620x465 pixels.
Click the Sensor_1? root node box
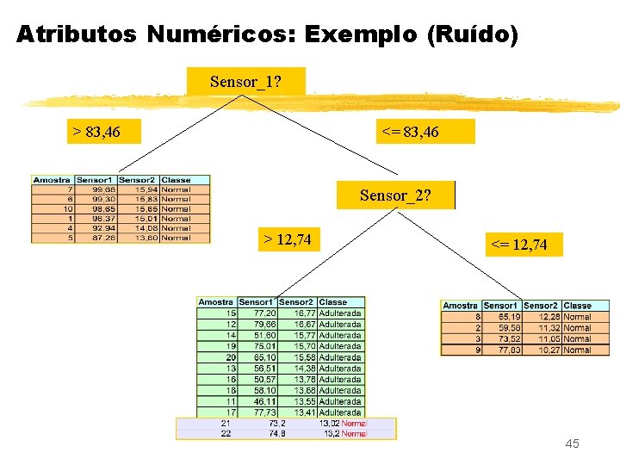(x=245, y=83)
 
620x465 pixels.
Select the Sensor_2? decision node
(x=395, y=195)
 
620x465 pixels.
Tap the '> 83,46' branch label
(x=96, y=132)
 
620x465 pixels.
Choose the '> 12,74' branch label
(x=288, y=239)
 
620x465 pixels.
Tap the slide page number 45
(x=572, y=443)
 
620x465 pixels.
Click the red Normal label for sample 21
(x=353, y=423)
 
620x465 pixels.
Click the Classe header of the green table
(x=333, y=302)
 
